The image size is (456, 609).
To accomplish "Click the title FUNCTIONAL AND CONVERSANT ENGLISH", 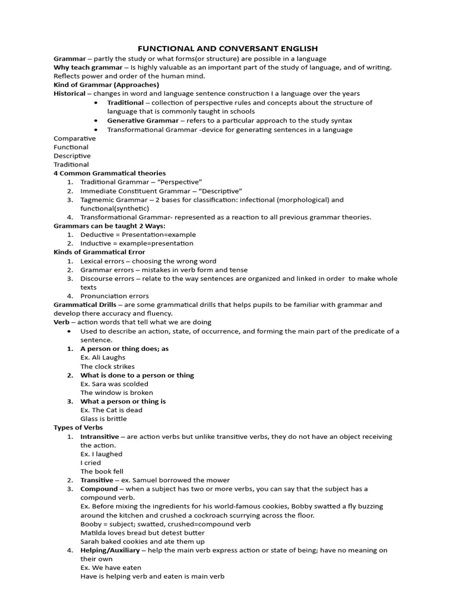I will coord(228,48).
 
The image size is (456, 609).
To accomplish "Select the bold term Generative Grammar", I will coord(142,120).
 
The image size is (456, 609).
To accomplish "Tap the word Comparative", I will coord(75,138).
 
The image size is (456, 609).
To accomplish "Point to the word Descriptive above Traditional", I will coord(72,156).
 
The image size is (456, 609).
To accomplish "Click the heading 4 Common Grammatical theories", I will coord(110,173).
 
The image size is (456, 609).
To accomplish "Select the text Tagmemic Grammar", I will coord(110,200).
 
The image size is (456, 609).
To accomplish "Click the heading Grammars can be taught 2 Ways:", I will coord(109,226).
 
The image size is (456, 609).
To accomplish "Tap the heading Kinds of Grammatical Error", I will coord(99,252).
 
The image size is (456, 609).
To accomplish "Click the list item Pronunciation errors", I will coord(115,296).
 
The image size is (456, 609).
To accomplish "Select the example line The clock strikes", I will coord(107,366).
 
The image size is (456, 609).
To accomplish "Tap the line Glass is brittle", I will coord(103,419).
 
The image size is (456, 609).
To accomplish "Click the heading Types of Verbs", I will coord(78,427).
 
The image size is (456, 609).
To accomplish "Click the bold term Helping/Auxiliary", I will coord(110,550).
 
